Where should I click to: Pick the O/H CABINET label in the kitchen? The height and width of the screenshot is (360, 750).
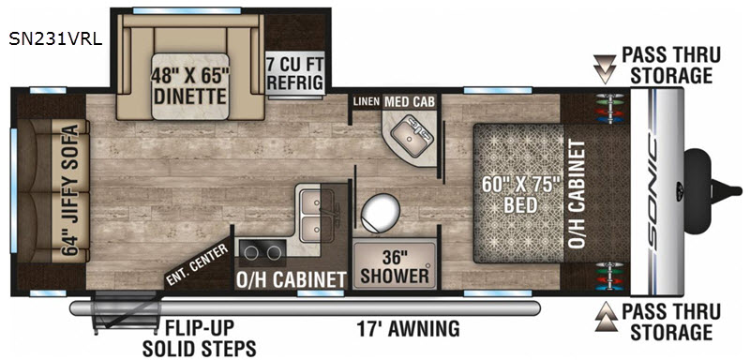pos(290,278)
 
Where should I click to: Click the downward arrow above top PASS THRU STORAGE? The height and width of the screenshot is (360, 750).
pos(603,67)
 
